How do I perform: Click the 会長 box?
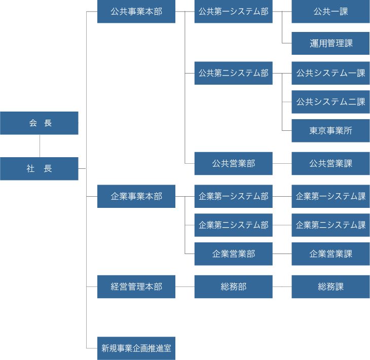pos(39,123)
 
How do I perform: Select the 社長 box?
pos(39,169)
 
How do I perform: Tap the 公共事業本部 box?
pos(136,12)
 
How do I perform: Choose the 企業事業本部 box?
pos(136,196)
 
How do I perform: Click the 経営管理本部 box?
pos(136,286)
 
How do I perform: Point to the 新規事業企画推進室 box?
pos(136,348)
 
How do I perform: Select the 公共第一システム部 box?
pos(233,12)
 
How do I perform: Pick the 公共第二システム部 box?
pos(233,73)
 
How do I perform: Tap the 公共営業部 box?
pos(233,163)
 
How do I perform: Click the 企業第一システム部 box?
pos(233,196)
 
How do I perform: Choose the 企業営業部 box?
pos(233,254)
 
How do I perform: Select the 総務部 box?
pos(233,286)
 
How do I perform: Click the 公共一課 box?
pos(330,12)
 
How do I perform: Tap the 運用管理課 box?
pos(330,44)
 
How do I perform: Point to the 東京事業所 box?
pos(330,131)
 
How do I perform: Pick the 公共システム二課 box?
pos(330,102)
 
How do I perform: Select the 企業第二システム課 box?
pos(330,225)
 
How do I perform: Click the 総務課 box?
pos(330,286)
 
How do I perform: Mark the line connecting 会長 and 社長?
pos(40,146)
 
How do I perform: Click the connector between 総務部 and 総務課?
pos(282,286)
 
